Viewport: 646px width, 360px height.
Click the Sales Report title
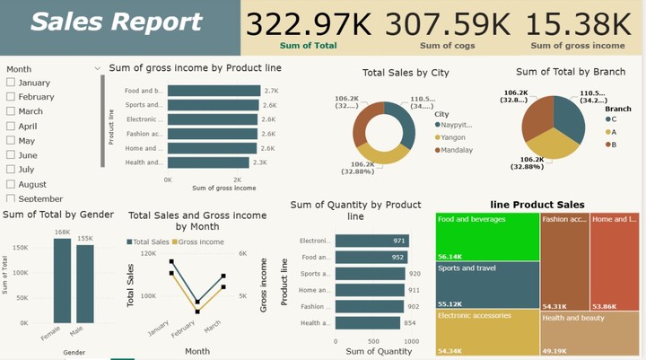click(x=117, y=22)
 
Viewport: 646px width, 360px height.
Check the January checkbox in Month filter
click(x=11, y=83)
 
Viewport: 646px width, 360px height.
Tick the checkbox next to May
click(x=11, y=141)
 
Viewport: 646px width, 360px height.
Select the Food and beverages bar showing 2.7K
click(x=214, y=91)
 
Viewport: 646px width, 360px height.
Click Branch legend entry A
click(x=610, y=131)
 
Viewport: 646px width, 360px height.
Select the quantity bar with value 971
click(x=372, y=241)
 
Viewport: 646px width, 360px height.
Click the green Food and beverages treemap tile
click(x=487, y=238)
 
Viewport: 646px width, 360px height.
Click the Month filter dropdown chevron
click(x=97, y=68)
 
